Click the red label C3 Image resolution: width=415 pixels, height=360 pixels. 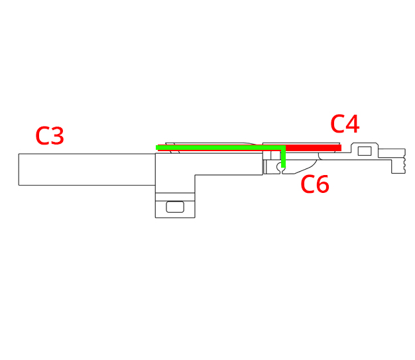pyautogui.click(x=50, y=136)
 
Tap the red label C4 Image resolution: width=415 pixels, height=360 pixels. pyautogui.click(x=345, y=123)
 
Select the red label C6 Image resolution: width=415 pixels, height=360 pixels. pyautogui.click(x=315, y=184)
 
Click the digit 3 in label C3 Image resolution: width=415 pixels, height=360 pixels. pyautogui.click(x=57, y=136)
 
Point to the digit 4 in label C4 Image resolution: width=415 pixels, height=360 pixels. pyautogui.click(x=352, y=123)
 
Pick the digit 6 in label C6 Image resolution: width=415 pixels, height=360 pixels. pyautogui.click(x=323, y=184)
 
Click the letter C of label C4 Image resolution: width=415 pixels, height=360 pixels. pyautogui.click(x=337, y=123)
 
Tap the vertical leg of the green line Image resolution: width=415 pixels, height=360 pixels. pyautogui.click(x=284, y=158)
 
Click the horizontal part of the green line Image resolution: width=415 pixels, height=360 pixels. pyautogui.click(x=221, y=147)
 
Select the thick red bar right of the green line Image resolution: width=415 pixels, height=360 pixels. pyautogui.click(x=314, y=148)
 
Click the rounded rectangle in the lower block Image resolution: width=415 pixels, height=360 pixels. pyautogui.click(x=175, y=207)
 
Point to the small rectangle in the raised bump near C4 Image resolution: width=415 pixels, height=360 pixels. pyautogui.click(x=365, y=151)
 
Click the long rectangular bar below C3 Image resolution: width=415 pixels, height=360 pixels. pyautogui.click(x=87, y=170)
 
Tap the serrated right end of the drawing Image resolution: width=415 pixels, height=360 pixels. pyautogui.click(x=404, y=162)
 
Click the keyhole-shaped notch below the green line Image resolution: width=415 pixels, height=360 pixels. pyautogui.click(x=280, y=168)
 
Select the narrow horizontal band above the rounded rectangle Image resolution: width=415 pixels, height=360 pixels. pyautogui.click(x=175, y=197)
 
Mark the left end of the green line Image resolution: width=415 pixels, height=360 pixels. pyautogui.click(x=156, y=147)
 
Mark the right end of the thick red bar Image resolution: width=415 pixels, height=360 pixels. pyautogui.click(x=341, y=148)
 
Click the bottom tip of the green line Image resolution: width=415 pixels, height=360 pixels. pyautogui.click(x=284, y=168)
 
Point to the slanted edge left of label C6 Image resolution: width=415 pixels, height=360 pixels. pyautogui.click(x=306, y=169)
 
